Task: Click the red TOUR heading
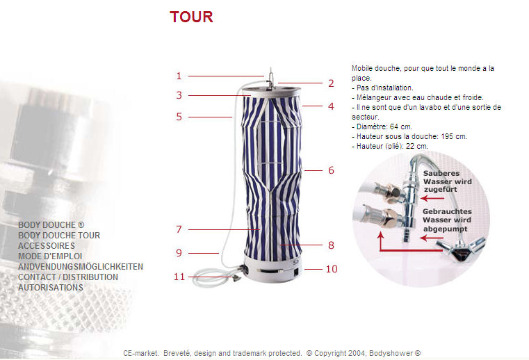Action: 191,17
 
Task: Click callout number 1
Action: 179,76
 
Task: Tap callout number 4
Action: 331,106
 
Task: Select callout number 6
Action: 331,170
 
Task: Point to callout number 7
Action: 179,229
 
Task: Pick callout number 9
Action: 179,253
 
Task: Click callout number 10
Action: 332,269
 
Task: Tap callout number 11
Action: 179,277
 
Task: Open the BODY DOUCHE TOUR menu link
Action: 59,235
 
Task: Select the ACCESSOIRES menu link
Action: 47,245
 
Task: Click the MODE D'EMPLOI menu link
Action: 50,256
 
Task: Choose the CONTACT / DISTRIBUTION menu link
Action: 68,277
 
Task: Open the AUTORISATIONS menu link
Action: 51,288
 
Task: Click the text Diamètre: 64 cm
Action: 384,127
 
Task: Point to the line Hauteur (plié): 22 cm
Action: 392,147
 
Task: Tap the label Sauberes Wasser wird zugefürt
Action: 448,181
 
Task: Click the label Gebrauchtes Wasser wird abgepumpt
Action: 447,220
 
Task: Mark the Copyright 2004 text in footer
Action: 364,353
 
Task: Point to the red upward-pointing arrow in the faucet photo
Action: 381,240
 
